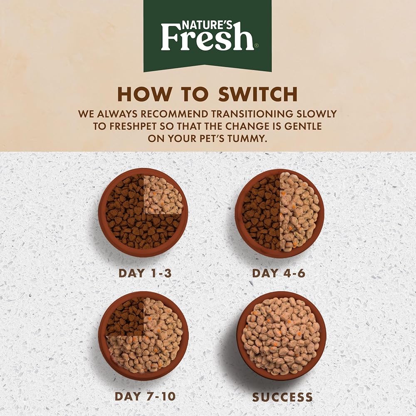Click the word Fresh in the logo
click(207, 38)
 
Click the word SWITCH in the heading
click(258, 94)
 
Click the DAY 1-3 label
click(145, 273)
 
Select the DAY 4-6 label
click(279, 273)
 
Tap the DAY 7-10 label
click(145, 396)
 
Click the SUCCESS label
click(282, 397)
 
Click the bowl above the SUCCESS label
click(281, 336)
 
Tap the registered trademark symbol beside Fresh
click(255, 45)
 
